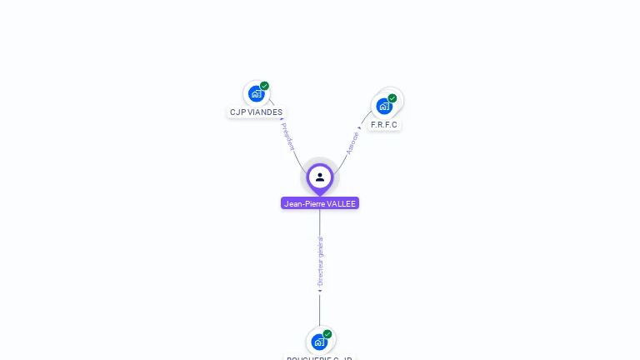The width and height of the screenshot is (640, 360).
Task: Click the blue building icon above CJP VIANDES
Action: [x=256, y=93]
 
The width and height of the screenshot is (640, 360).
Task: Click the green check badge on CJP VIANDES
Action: [x=264, y=86]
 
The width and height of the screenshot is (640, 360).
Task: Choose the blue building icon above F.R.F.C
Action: [x=384, y=106]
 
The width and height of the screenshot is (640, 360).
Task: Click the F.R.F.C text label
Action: [x=385, y=125]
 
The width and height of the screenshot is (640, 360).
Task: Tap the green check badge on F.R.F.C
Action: [x=392, y=98]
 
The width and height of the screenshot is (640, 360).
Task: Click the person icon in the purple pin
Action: [x=320, y=177]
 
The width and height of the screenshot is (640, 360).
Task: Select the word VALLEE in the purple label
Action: [x=342, y=203]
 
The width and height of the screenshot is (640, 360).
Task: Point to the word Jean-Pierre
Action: [x=304, y=203]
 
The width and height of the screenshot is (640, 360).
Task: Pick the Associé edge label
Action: [x=352, y=142]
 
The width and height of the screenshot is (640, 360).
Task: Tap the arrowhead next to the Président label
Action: [x=282, y=120]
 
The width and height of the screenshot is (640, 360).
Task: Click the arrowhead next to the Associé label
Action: [x=360, y=128]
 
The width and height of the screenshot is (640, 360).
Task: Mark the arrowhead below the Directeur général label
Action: [x=320, y=291]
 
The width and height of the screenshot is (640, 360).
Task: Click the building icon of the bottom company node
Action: [x=319, y=342]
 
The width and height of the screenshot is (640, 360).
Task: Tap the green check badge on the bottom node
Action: [x=327, y=334]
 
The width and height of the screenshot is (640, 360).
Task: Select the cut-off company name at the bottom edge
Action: [x=320, y=357]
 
